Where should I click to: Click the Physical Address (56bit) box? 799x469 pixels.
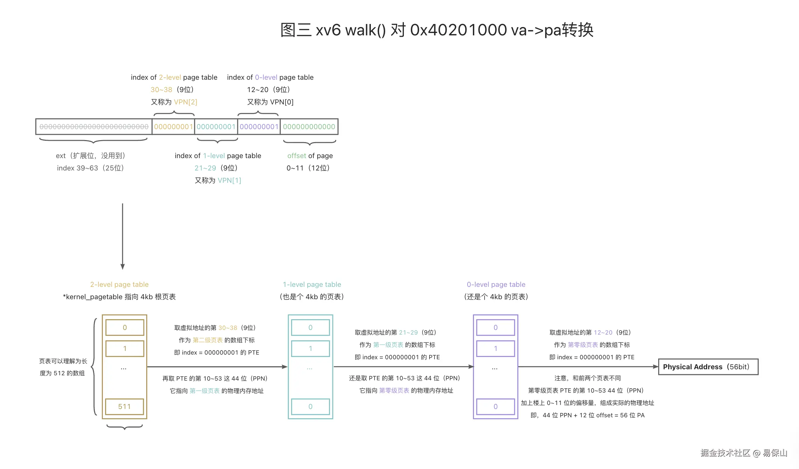pyautogui.click(x=708, y=367)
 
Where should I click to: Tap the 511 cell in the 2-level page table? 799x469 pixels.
pyautogui.click(x=124, y=407)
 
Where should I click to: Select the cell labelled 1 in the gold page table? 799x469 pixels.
pyautogui.click(x=124, y=349)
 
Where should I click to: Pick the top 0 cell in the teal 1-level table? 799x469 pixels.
pyautogui.click(x=310, y=328)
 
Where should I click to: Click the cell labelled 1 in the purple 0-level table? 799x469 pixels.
pyautogui.click(x=495, y=349)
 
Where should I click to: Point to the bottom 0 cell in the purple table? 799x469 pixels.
pyautogui.click(x=495, y=407)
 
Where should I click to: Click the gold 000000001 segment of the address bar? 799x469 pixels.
pyautogui.click(x=173, y=127)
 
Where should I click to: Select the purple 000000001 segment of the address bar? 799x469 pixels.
pyautogui.click(x=259, y=127)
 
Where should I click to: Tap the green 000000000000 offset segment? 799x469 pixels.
pyautogui.click(x=309, y=127)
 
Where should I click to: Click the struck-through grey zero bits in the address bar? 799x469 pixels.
pyautogui.click(x=94, y=127)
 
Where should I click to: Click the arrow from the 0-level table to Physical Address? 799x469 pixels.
pyautogui.click(x=587, y=367)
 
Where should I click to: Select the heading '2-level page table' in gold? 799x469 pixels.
pyautogui.click(x=119, y=285)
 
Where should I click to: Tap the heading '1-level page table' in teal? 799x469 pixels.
pyautogui.click(x=312, y=285)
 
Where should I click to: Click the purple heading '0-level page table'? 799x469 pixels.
pyautogui.click(x=496, y=285)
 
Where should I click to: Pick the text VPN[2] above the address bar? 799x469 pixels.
pyautogui.click(x=186, y=102)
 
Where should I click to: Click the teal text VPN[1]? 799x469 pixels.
pyautogui.click(x=229, y=180)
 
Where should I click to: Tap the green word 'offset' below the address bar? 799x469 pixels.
pyautogui.click(x=296, y=156)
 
